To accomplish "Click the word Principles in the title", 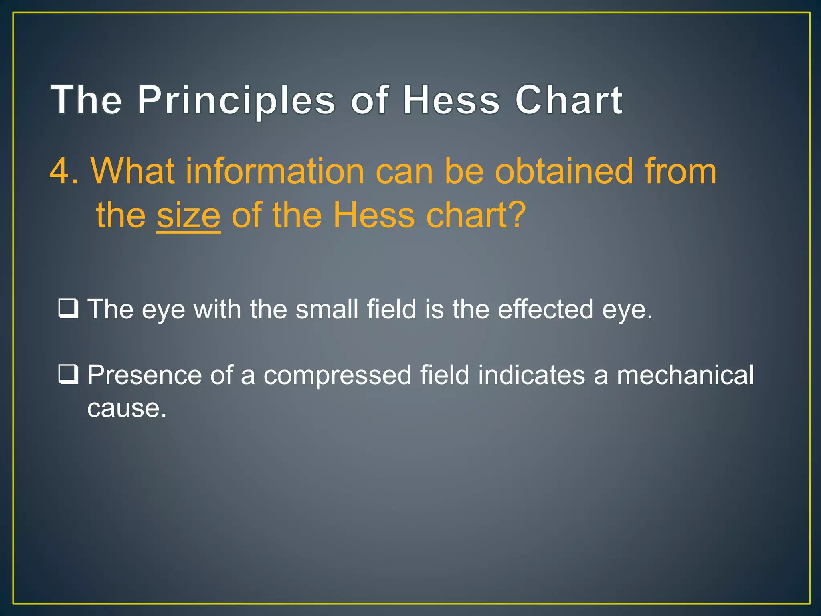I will point(236,100).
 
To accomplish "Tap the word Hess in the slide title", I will point(451,100).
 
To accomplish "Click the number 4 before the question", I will point(59,172).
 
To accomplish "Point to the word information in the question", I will point(275,172).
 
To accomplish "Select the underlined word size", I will point(188,216).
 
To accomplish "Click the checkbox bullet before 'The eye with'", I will point(68,309).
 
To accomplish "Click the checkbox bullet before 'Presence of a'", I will point(68,375).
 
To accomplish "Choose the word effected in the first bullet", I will point(545,309).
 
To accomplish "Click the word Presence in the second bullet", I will point(144,375).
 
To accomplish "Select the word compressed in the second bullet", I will point(338,375).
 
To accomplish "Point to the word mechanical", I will point(685,375).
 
